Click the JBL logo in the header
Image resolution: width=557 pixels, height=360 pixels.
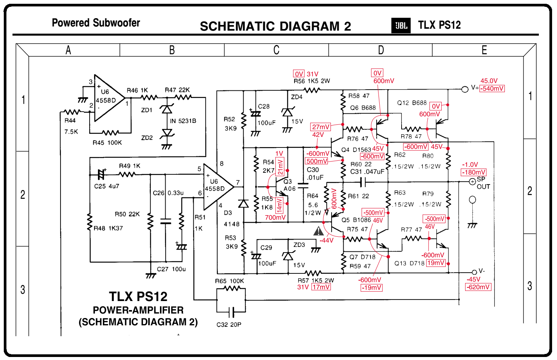pyautogui.click(x=401, y=26)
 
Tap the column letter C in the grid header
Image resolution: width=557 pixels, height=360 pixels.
pyautogui.click(x=276, y=50)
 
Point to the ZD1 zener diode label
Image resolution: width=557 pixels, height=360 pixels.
pyautogui.click(x=147, y=110)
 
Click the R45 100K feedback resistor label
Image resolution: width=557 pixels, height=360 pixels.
pyautogui.click(x=107, y=143)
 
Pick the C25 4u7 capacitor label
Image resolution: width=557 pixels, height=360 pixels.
pyautogui.click(x=107, y=186)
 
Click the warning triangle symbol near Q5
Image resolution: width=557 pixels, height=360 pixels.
pyautogui.click(x=319, y=231)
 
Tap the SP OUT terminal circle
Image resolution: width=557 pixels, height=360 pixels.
pyautogui.click(x=472, y=182)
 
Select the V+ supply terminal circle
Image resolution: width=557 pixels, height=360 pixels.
pyautogui.click(x=465, y=89)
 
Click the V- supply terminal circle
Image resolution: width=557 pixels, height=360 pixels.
pyautogui.click(x=474, y=272)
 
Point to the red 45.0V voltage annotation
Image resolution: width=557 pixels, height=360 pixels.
pyautogui.click(x=489, y=81)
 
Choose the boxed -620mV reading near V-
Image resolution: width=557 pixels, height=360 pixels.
pyautogui.click(x=478, y=287)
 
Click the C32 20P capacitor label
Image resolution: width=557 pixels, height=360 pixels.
pyautogui.click(x=229, y=324)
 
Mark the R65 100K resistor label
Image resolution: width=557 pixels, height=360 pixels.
pyautogui.click(x=230, y=281)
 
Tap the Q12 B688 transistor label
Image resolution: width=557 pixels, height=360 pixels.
pyautogui.click(x=412, y=103)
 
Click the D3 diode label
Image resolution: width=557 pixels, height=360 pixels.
pyautogui.click(x=228, y=213)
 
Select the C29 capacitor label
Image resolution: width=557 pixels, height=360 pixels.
pyautogui.click(x=266, y=248)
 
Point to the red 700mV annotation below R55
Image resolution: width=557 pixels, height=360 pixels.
pyautogui.click(x=275, y=217)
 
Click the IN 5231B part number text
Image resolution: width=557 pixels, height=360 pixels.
pyautogui.click(x=183, y=121)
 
